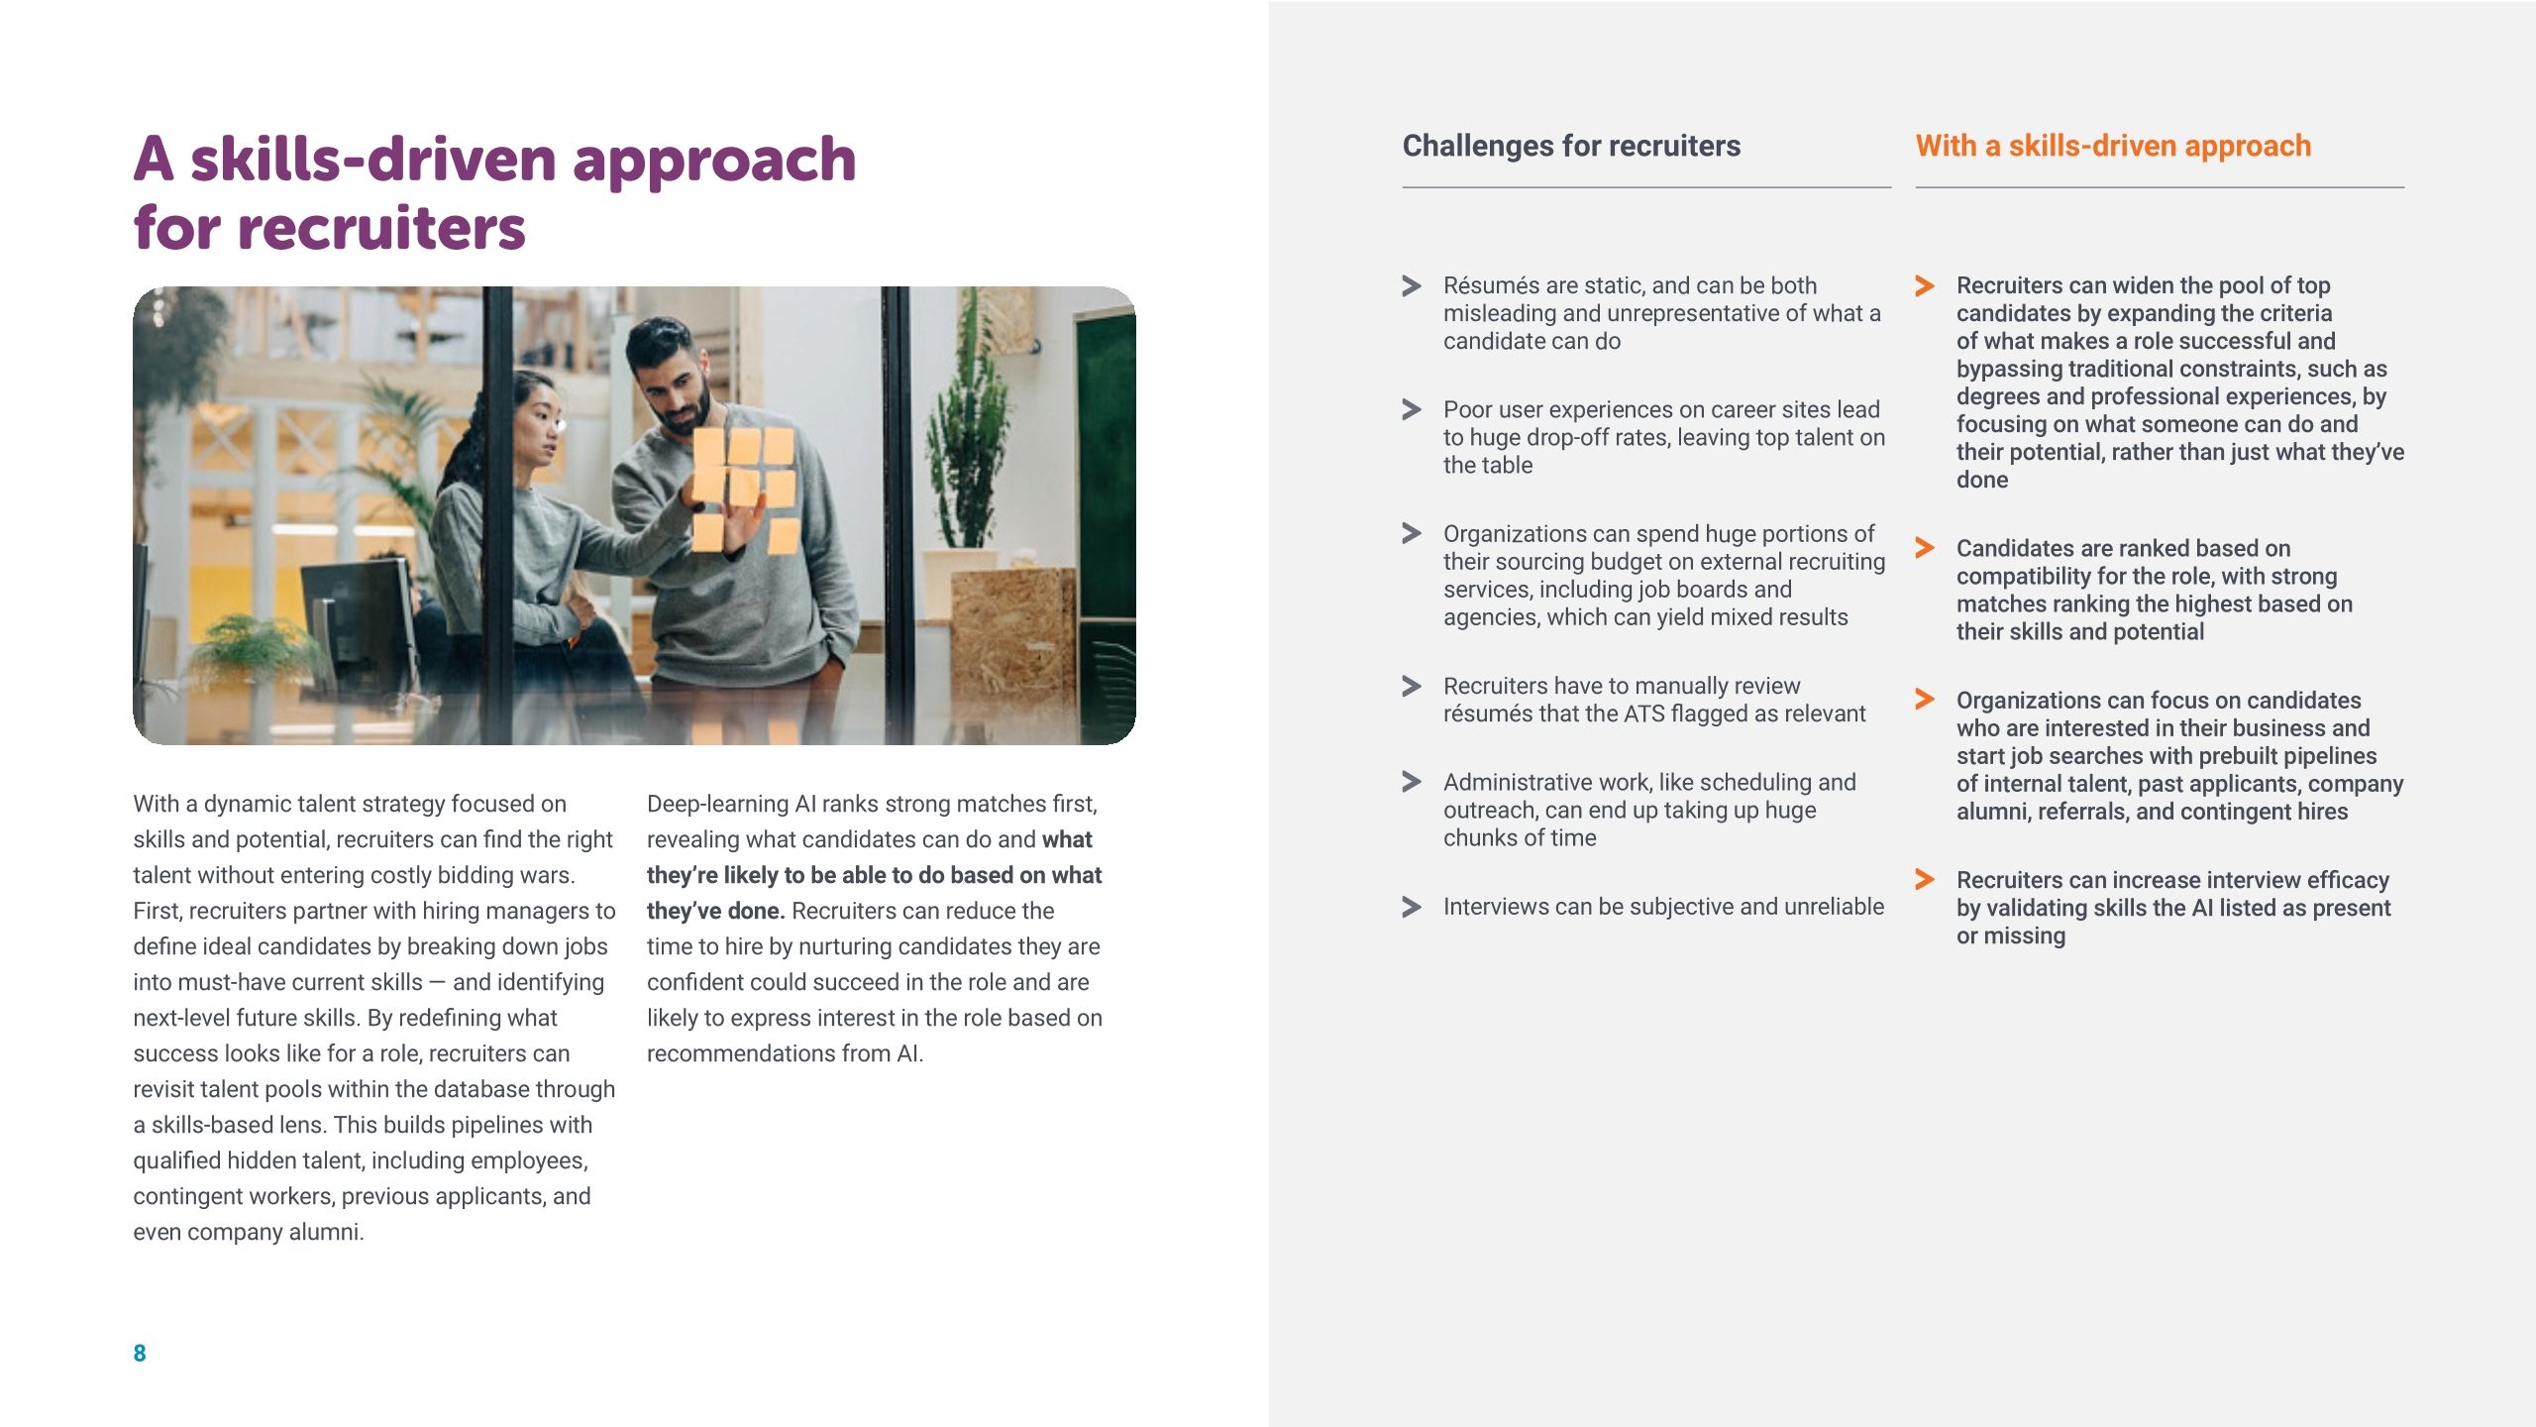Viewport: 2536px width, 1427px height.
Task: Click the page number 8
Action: (x=140, y=1353)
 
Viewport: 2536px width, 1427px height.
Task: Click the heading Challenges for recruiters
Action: (x=1571, y=146)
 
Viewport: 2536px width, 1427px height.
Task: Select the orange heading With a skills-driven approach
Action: (x=2112, y=146)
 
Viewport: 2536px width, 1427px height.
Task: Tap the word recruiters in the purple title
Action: (x=381, y=228)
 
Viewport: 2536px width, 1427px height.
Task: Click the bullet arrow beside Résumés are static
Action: (x=1412, y=286)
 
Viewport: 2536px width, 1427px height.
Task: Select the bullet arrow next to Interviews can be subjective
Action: (x=1412, y=907)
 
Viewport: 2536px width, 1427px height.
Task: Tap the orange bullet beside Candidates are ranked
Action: (x=1925, y=548)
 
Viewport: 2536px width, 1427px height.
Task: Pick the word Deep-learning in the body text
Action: (x=717, y=804)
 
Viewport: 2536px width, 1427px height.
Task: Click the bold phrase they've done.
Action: (x=715, y=911)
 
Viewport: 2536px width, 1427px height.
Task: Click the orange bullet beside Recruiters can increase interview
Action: (x=1925, y=879)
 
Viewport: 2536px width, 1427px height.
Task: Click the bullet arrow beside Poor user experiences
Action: (x=1412, y=409)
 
